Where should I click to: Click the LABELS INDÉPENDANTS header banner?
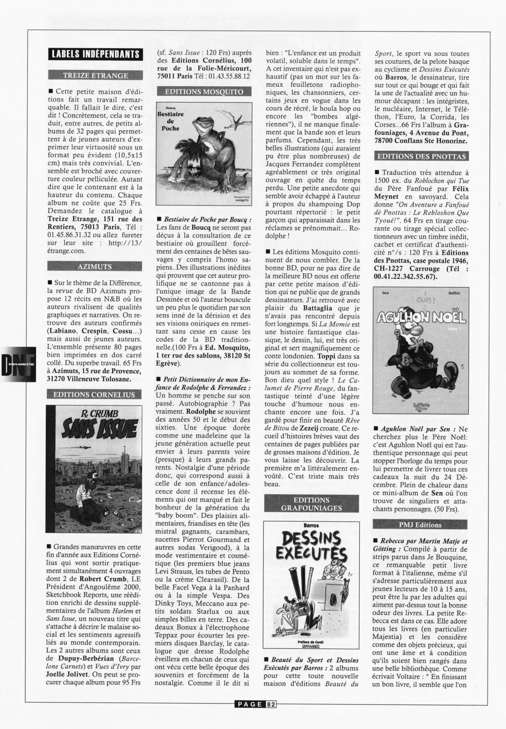95,54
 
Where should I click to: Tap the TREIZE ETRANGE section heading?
95,76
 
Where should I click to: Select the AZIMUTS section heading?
94,267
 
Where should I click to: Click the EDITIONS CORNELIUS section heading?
94,394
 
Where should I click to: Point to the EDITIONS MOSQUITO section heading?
204,92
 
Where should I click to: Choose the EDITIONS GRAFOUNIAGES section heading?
312,504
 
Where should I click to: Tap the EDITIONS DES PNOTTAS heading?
421,156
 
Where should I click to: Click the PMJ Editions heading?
420,525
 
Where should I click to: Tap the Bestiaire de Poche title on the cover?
170,121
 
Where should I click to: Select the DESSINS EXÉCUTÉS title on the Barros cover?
312,545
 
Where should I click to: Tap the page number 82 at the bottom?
271,704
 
